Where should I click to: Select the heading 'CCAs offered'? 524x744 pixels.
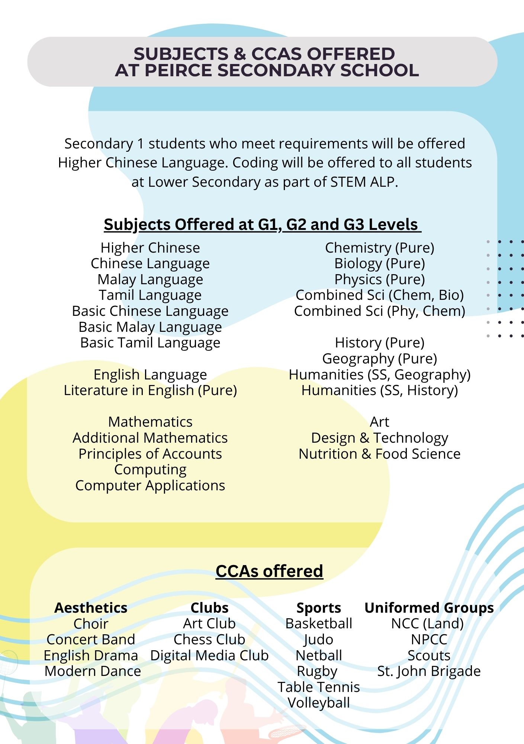(269, 571)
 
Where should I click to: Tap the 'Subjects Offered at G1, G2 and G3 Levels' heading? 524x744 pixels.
(262, 224)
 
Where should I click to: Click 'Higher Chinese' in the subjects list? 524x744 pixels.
(150, 248)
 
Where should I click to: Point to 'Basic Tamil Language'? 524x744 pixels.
(150, 343)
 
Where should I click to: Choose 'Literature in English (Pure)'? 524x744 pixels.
(150, 390)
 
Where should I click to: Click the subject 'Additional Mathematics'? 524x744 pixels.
(150, 438)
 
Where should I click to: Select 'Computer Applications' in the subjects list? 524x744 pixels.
(150, 485)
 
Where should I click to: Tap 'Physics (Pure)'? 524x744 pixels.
(379, 279)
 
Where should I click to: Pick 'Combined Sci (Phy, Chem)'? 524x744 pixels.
(379, 311)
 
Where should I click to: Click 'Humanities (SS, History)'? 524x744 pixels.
(379, 390)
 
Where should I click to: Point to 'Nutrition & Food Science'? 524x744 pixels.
(379, 454)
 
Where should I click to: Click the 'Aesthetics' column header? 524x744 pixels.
(91, 607)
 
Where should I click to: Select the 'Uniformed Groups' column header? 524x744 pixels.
(429, 607)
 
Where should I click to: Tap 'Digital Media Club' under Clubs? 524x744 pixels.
(209, 655)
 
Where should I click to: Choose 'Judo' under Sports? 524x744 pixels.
(319, 639)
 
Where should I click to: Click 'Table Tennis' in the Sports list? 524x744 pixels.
(319, 687)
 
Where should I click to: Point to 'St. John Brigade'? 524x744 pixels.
(429, 671)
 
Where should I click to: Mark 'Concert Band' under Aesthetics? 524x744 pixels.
(91, 639)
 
